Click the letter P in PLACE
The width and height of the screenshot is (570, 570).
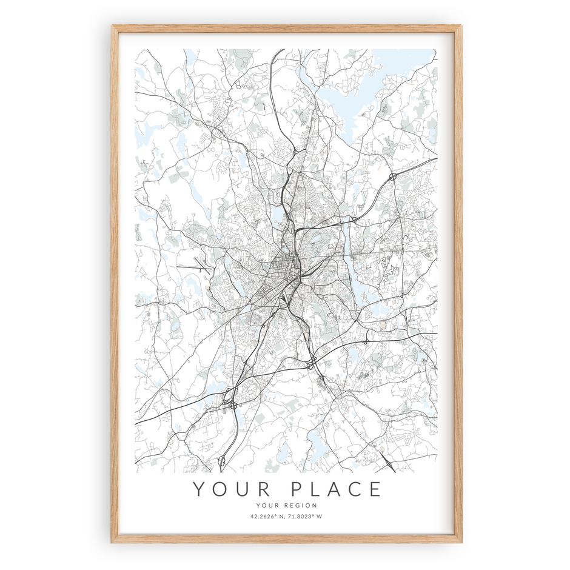(297, 489)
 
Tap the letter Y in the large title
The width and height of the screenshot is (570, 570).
(199, 489)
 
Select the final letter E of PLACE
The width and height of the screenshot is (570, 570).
(376, 489)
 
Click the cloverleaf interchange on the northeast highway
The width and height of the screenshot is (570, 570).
(394, 176)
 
